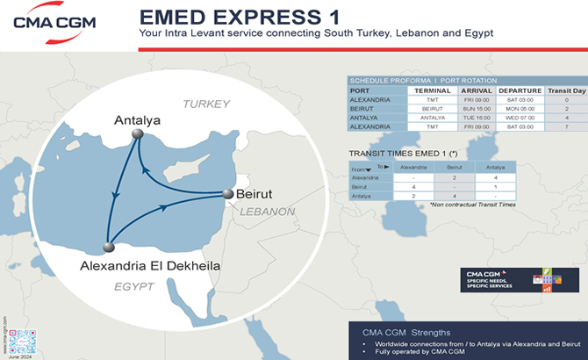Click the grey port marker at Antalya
137,133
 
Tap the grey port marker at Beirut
228,194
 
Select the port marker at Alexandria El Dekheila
109,248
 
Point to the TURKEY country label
205,104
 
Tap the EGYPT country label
133,287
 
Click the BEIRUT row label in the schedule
361,109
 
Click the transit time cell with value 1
495,187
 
